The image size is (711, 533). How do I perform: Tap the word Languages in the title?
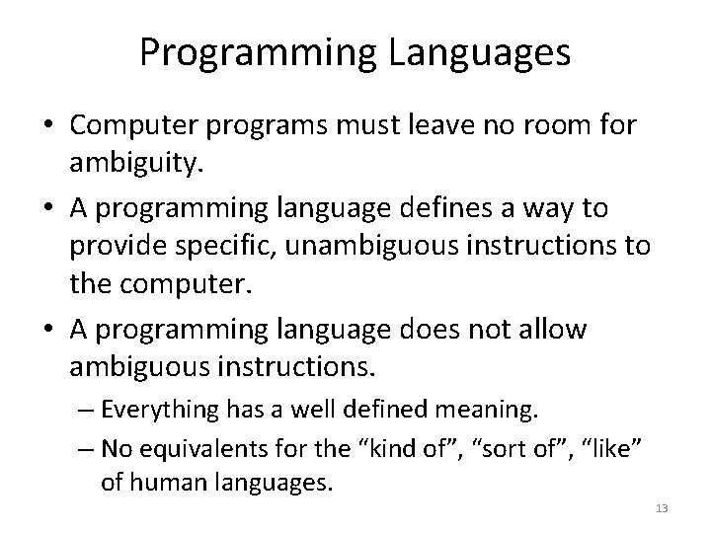(x=483, y=53)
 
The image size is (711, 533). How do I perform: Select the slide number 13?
(x=662, y=507)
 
